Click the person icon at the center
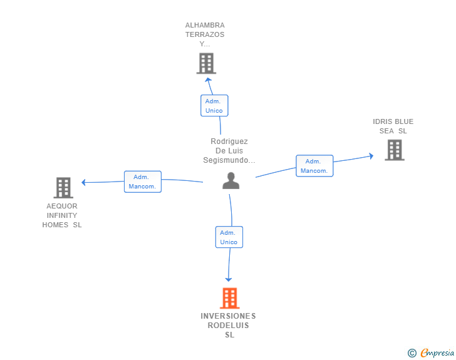[231, 181]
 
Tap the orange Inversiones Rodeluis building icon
[230, 298]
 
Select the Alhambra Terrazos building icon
[206, 63]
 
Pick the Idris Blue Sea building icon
[394, 150]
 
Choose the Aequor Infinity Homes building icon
[63, 187]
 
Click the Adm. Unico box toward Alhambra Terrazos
[214, 105]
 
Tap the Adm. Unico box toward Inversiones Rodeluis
[229, 237]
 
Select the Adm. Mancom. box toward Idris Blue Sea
[314, 166]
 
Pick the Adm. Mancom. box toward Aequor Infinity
[143, 182]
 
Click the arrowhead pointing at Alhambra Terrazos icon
[209, 80]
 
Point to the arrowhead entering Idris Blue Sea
[370, 156]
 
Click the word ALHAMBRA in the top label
[204, 26]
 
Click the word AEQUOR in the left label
[62, 206]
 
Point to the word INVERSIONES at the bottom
[228, 316]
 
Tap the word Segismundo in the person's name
[228, 160]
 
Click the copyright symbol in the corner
[412, 353]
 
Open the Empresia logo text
[437, 352]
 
